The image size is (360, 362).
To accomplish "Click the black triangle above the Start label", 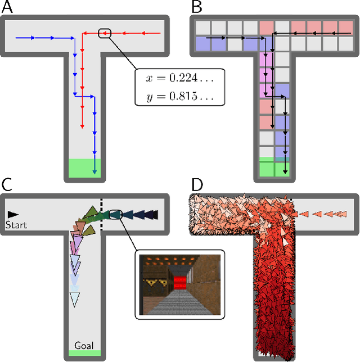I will click(x=12, y=214).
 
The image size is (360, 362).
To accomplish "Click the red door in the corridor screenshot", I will click(x=180, y=281).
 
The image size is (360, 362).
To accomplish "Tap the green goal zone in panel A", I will click(x=84, y=167).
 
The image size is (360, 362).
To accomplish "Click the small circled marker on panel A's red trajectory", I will click(x=105, y=33).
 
